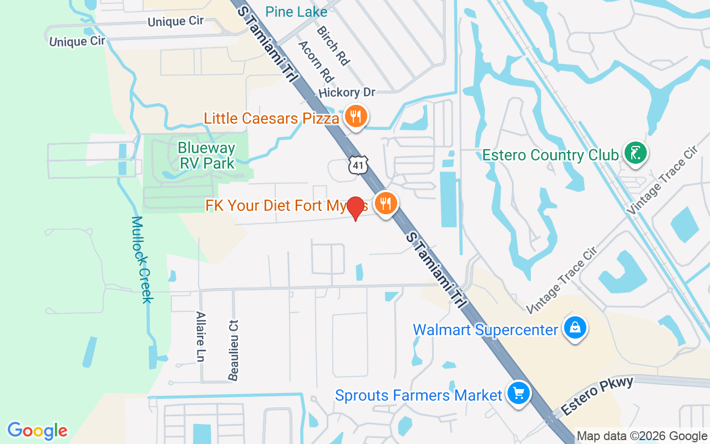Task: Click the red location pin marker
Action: coord(356,208)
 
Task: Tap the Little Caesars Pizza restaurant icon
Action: coord(353,117)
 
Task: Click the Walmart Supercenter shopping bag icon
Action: coord(576,327)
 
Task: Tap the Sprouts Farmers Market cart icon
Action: coord(518,393)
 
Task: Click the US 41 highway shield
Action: coord(358,165)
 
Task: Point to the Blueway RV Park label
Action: coord(206,155)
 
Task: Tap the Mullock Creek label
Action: coord(142,259)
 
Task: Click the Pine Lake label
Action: coord(296,12)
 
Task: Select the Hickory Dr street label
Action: coord(347,93)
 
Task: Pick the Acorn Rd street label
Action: coord(316,60)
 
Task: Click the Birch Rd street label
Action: coord(332,46)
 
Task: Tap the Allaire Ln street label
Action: coord(201,336)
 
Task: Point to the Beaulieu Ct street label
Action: coord(234,350)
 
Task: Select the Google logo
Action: coord(37,431)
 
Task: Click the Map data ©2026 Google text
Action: coord(642,436)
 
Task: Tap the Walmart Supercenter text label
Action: coord(485,330)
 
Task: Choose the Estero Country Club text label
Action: coord(550,155)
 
